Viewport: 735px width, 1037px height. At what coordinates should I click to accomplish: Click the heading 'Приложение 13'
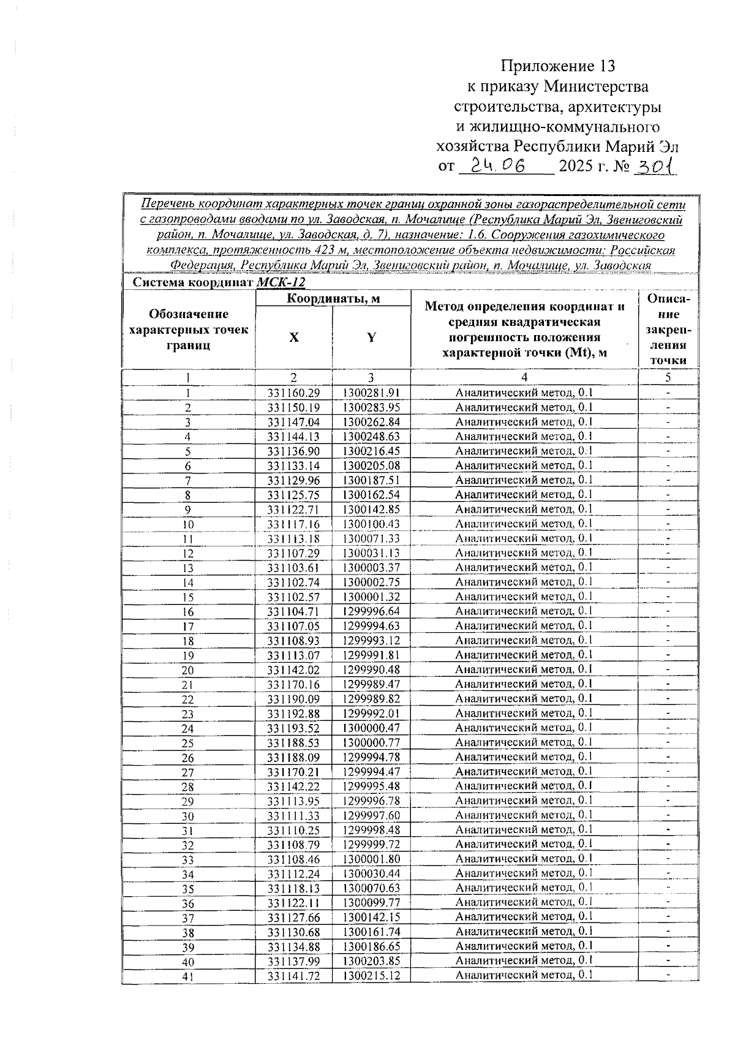[557, 66]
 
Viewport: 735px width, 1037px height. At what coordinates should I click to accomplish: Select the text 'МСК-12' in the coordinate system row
[281, 282]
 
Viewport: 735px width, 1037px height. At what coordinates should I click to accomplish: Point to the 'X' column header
[294, 337]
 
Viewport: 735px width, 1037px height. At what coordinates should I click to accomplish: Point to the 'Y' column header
[371, 337]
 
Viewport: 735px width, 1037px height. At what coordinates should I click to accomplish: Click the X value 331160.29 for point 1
[294, 393]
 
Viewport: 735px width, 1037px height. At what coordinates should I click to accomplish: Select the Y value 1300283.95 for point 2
[371, 407]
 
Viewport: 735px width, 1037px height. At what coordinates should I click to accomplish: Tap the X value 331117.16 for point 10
[294, 524]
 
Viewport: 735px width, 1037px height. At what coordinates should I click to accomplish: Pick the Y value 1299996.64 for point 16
[371, 611]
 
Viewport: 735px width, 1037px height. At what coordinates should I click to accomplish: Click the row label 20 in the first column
[187, 670]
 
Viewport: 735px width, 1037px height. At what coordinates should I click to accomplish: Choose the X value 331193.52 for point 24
[294, 728]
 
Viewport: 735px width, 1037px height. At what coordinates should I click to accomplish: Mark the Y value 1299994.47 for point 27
[371, 772]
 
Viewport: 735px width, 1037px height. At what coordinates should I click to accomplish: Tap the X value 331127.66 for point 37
[294, 918]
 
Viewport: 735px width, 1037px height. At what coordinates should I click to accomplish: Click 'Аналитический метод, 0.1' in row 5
[524, 451]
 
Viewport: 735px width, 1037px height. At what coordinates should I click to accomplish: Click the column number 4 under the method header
[524, 377]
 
